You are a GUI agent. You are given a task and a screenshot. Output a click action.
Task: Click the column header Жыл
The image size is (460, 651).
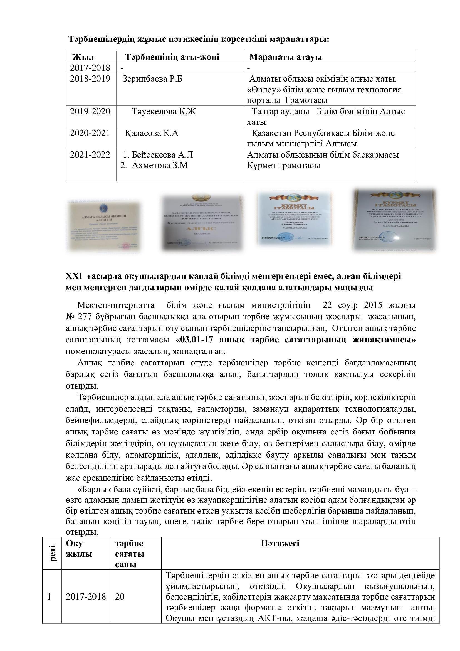(x=83, y=57)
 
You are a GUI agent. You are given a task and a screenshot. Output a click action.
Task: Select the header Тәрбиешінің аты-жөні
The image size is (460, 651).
(x=172, y=57)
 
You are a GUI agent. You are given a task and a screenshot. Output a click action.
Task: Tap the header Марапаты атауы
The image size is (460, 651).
(x=285, y=57)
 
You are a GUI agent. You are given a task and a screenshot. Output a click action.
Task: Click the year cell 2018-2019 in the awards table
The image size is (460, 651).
(x=90, y=78)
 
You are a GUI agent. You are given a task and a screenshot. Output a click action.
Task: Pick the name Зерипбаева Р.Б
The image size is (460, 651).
(x=152, y=78)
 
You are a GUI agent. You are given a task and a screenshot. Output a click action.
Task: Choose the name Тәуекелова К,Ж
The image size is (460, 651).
(x=164, y=111)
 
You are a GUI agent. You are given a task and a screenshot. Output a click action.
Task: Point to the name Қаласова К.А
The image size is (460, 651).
(x=152, y=133)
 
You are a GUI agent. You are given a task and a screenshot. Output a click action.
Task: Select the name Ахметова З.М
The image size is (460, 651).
(x=159, y=166)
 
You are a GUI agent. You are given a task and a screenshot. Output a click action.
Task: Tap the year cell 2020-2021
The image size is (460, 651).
(x=90, y=133)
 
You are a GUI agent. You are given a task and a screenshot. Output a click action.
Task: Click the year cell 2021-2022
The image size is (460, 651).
(x=90, y=155)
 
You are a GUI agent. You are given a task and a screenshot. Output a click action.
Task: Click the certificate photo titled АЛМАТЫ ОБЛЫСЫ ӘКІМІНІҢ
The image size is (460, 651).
(x=105, y=226)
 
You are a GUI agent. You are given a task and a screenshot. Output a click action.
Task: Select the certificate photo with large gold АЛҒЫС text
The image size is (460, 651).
(x=202, y=223)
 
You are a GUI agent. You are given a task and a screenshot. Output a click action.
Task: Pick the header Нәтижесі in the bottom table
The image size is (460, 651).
(x=280, y=543)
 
